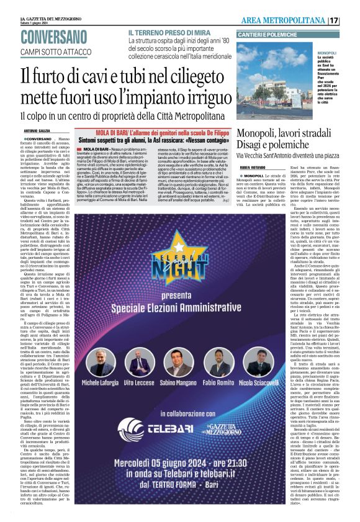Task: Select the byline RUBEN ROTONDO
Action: (x=252, y=166)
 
